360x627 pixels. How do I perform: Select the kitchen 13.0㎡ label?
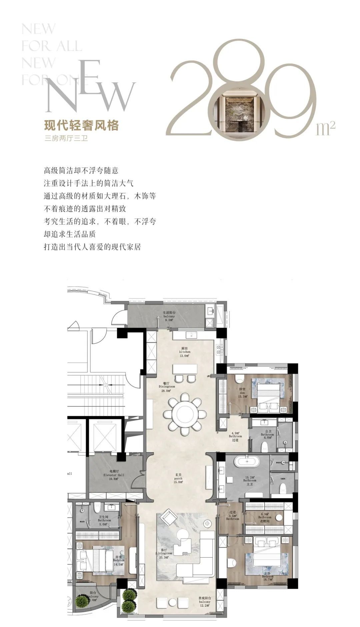click(185, 352)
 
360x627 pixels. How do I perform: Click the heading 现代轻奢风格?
click(81, 126)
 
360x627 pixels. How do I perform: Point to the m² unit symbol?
click(325, 128)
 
